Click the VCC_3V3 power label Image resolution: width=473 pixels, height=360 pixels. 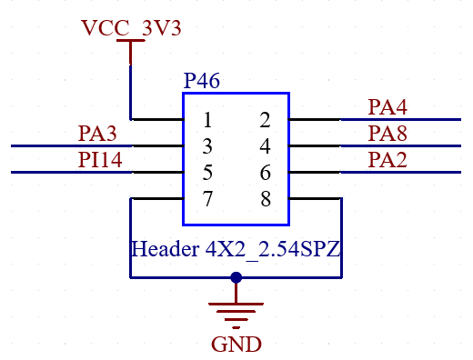(131, 27)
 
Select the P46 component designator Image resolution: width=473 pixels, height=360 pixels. (201, 81)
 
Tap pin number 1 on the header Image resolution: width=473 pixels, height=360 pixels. (208, 119)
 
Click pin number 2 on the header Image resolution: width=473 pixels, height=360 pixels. (265, 119)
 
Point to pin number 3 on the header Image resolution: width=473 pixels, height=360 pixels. (208, 145)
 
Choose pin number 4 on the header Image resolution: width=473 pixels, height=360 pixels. (265, 145)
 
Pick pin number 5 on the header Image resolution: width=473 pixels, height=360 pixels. (208, 172)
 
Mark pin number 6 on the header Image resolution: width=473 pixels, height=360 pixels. (265, 172)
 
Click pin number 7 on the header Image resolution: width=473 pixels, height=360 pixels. (208, 199)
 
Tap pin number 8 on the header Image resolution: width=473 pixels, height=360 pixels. (265, 199)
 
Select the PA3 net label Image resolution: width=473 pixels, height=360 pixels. (97, 135)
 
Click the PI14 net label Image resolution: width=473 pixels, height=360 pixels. (100, 161)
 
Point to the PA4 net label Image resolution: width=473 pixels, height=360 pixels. (387, 107)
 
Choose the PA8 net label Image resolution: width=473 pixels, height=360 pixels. (387, 135)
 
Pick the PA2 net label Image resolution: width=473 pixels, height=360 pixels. (387, 161)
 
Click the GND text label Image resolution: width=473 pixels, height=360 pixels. (236, 345)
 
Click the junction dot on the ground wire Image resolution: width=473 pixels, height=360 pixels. (236, 277)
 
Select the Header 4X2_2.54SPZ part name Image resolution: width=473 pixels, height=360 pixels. (236, 247)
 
